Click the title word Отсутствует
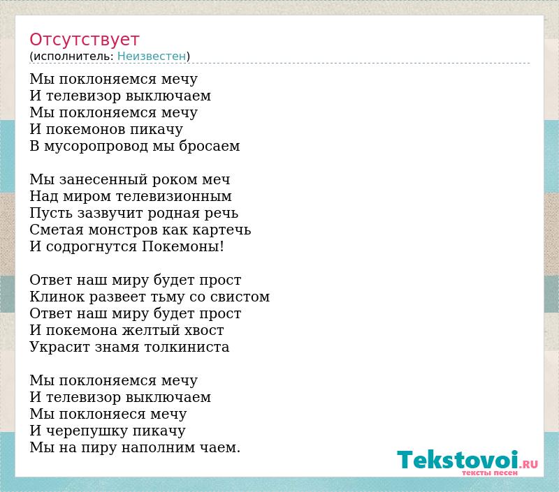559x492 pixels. (84, 40)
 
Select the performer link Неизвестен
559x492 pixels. (152, 57)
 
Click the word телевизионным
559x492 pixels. (174, 196)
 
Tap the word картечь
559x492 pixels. (222, 230)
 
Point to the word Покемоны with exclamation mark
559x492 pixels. (183, 246)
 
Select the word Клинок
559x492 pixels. (57, 297)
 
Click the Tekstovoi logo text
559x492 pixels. (458, 460)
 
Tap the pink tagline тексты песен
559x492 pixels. (490, 472)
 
